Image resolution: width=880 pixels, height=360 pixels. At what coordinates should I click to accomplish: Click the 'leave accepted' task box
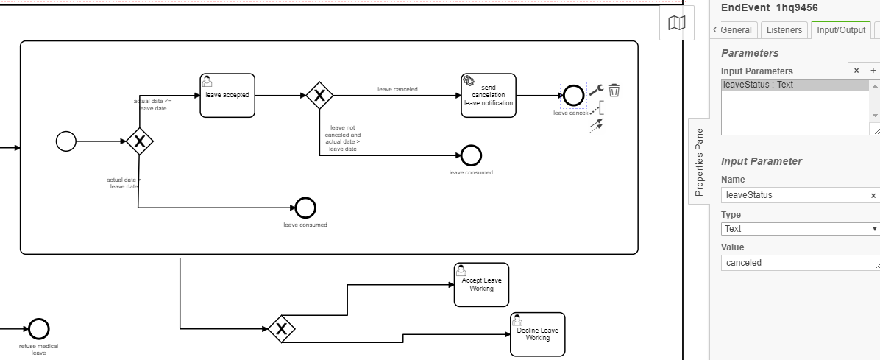(x=227, y=95)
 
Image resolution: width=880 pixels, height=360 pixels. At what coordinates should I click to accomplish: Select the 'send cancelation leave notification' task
(x=489, y=95)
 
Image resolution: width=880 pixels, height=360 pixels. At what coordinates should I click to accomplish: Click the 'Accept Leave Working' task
(x=482, y=285)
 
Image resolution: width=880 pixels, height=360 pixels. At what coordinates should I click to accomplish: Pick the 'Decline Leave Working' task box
(x=538, y=334)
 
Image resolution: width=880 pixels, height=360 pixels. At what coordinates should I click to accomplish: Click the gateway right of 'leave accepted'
(x=319, y=95)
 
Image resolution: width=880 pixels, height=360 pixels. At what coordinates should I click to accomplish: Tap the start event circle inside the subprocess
(x=66, y=141)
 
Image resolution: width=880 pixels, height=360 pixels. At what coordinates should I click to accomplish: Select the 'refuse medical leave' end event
(x=38, y=329)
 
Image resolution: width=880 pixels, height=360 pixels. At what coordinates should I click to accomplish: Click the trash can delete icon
(x=614, y=91)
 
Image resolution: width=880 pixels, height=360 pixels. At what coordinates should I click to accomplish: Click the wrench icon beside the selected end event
(x=596, y=90)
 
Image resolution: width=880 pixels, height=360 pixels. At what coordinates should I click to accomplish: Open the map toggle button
(x=676, y=24)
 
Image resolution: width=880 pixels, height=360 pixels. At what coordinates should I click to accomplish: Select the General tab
(x=733, y=30)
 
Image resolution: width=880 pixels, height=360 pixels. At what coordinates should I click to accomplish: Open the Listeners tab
(x=784, y=30)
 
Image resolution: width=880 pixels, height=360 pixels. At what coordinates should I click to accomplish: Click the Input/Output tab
(x=841, y=30)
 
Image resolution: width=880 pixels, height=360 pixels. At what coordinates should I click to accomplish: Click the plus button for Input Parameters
(x=873, y=71)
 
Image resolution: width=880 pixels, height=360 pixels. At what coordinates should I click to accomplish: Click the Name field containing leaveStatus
(x=795, y=195)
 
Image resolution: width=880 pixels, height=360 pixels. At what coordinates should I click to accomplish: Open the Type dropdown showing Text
(x=801, y=229)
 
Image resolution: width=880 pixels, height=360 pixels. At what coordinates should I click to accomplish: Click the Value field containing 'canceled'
(x=801, y=263)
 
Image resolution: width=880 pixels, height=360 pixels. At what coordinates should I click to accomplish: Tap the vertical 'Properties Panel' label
(x=700, y=160)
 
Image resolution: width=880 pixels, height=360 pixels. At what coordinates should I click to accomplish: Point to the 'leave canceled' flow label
(x=397, y=89)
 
